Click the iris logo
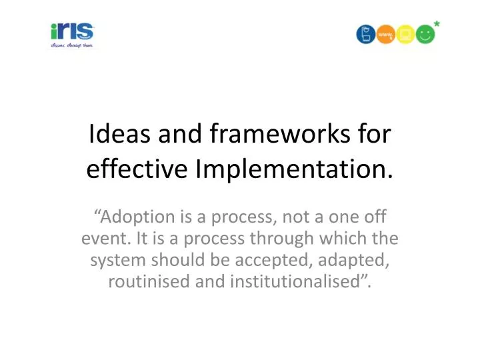pos(73,32)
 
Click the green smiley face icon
pos(425,34)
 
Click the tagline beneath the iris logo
pos(73,45)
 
